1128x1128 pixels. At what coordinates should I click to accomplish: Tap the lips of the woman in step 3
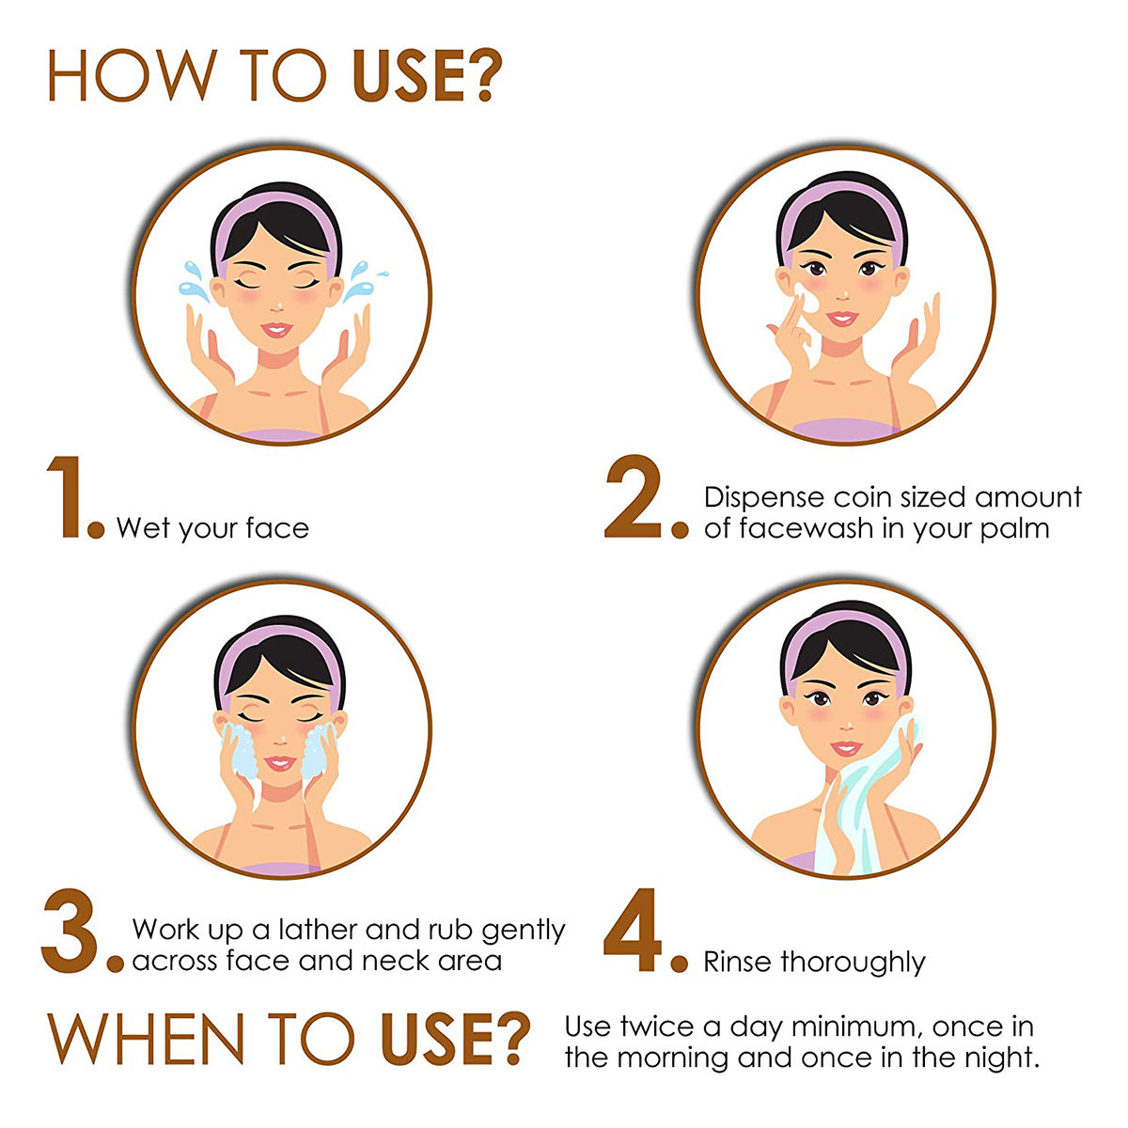pyautogui.click(x=278, y=763)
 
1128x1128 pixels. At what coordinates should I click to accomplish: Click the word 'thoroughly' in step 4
pyautogui.click(x=853, y=962)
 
